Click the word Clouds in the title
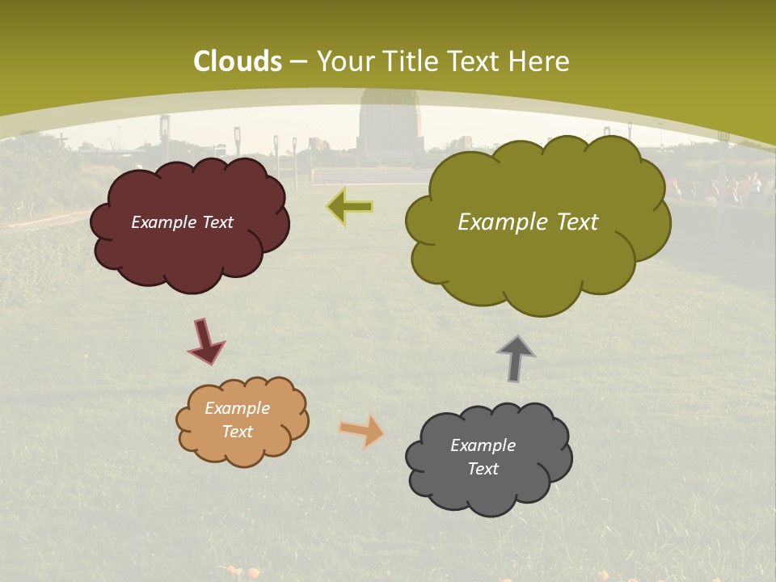pos(238,61)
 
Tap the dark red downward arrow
pos(205,341)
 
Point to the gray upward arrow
pos(516,359)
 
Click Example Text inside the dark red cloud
pos(182,222)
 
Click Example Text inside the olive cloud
pos(528,222)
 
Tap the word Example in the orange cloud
pos(237,408)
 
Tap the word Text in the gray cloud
pos(483,469)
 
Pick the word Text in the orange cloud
pos(237,432)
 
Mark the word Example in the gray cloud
pos(483,445)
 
